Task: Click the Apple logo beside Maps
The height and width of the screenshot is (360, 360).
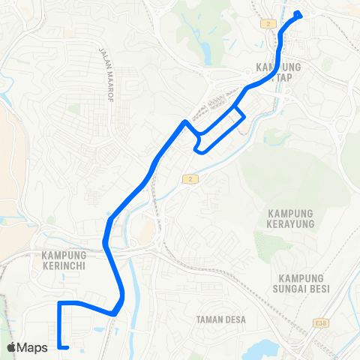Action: (11, 347)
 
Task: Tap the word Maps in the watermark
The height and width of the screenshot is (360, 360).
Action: (33, 347)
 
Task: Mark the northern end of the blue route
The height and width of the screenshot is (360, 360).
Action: (298, 13)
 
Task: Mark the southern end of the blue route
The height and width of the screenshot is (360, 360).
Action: (67, 347)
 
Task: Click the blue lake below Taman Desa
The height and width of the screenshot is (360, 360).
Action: (266, 349)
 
